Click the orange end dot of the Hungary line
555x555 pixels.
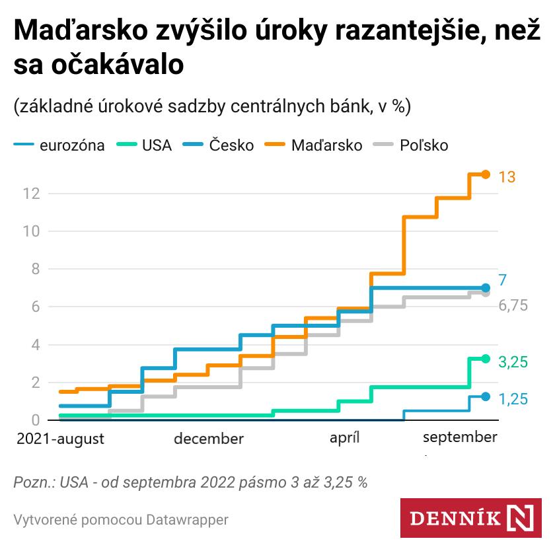486,174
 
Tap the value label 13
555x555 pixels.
507,177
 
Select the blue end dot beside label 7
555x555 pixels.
486,288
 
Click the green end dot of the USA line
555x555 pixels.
486,359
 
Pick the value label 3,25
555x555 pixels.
512,362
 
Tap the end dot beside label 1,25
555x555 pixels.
486,396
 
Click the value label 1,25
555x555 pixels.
512,400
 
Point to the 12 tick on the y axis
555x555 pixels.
30,194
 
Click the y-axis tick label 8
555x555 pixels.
34,270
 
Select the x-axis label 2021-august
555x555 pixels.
60,439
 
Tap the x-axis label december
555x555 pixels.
209,439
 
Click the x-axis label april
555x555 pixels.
344,439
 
